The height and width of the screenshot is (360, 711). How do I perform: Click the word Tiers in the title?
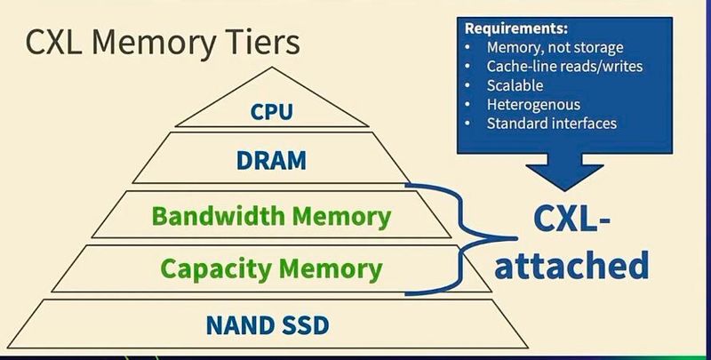pyautogui.click(x=262, y=42)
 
